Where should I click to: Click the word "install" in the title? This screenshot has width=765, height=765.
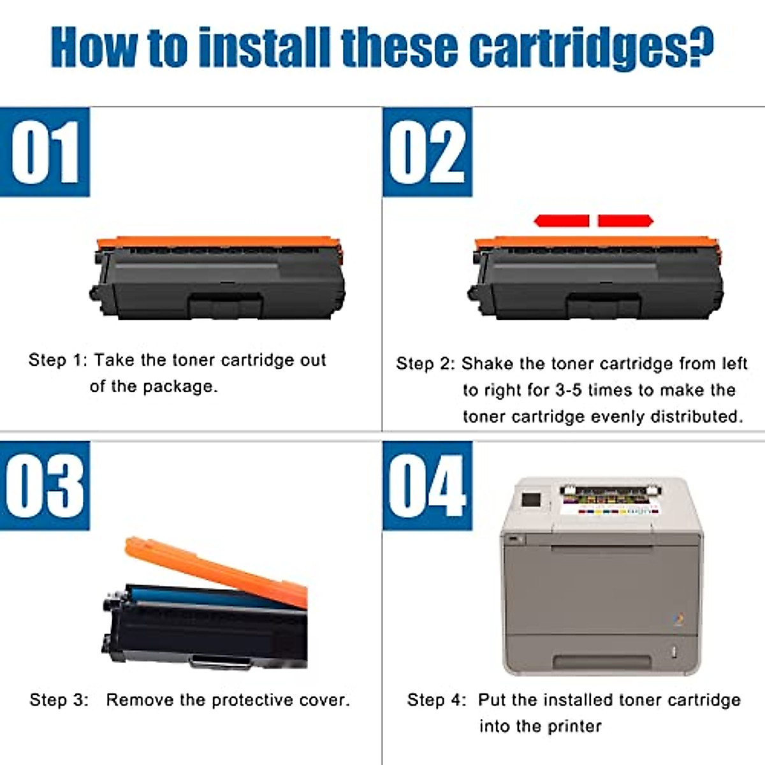pos(264,48)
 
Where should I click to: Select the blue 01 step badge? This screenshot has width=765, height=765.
pos(45,152)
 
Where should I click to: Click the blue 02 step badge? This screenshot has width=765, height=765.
pos(428,152)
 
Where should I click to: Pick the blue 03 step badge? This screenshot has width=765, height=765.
pos(45,486)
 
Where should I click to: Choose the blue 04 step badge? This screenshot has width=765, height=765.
pos(428,486)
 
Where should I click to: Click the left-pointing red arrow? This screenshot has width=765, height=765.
pos(562,221)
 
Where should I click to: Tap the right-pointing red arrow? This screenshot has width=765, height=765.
pos(625,221)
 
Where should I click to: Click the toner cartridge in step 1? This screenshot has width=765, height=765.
pos(217,277)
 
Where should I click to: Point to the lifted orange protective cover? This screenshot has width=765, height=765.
pos(216,572)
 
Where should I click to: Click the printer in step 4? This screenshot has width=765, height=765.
pos(601,576)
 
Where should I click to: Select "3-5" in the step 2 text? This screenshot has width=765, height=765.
pos(569,390)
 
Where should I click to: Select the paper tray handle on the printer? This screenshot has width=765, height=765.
pos(601,661)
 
